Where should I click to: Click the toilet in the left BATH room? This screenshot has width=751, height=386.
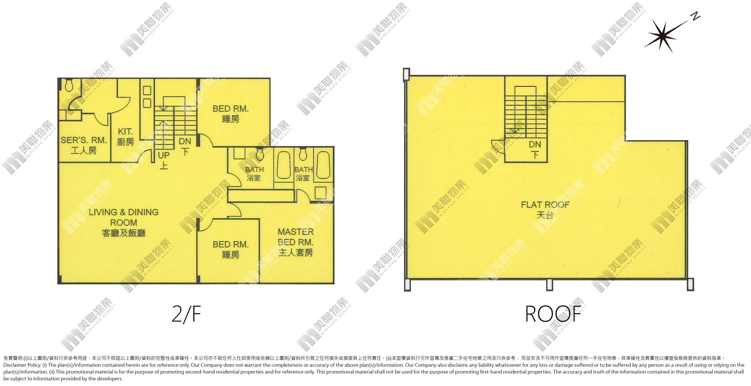pos(260,154)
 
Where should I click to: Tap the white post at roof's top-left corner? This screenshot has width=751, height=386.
pos(406,74)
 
